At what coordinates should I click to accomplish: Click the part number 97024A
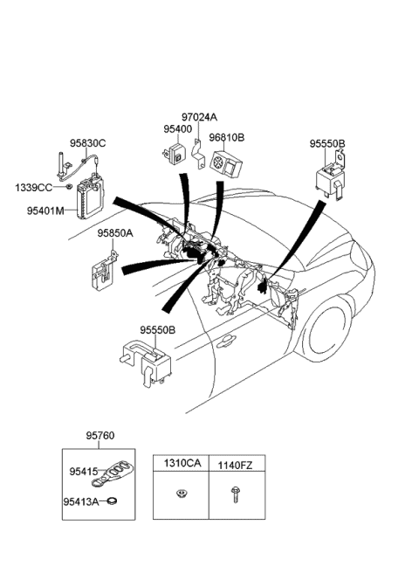pyautogui.click(x=199, y=117)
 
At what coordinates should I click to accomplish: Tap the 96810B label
pyautogui.click(x=226, y=137)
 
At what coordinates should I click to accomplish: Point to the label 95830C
pyautogui.click(x=88, y=143)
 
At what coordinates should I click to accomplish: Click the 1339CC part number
pyautogui.click(x=32, y=187)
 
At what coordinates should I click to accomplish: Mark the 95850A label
pyautogui.click(x=114, y=233)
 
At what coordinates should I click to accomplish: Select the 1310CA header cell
pyautogui.click(x=180, y=464)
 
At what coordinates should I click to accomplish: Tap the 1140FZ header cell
pyautogui.click(x=236, y=464)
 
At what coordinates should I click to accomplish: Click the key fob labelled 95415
pyautogui.click(x=114, y=473)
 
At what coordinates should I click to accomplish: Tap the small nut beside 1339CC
pyautogui.click(x=69, y=187)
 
